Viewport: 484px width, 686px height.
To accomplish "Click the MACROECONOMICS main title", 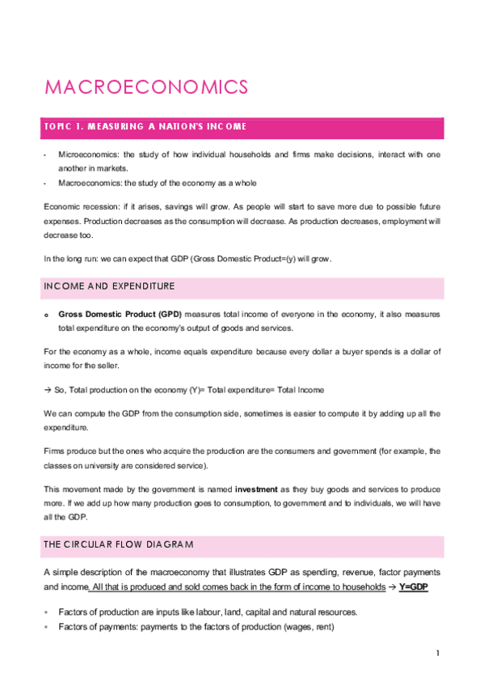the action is [145, 87].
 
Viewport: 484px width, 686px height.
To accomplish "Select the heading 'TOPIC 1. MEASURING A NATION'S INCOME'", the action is [145, 127].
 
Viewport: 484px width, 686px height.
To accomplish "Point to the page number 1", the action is [437, 653].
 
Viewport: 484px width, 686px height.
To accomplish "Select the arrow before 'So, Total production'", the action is [48, 390].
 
